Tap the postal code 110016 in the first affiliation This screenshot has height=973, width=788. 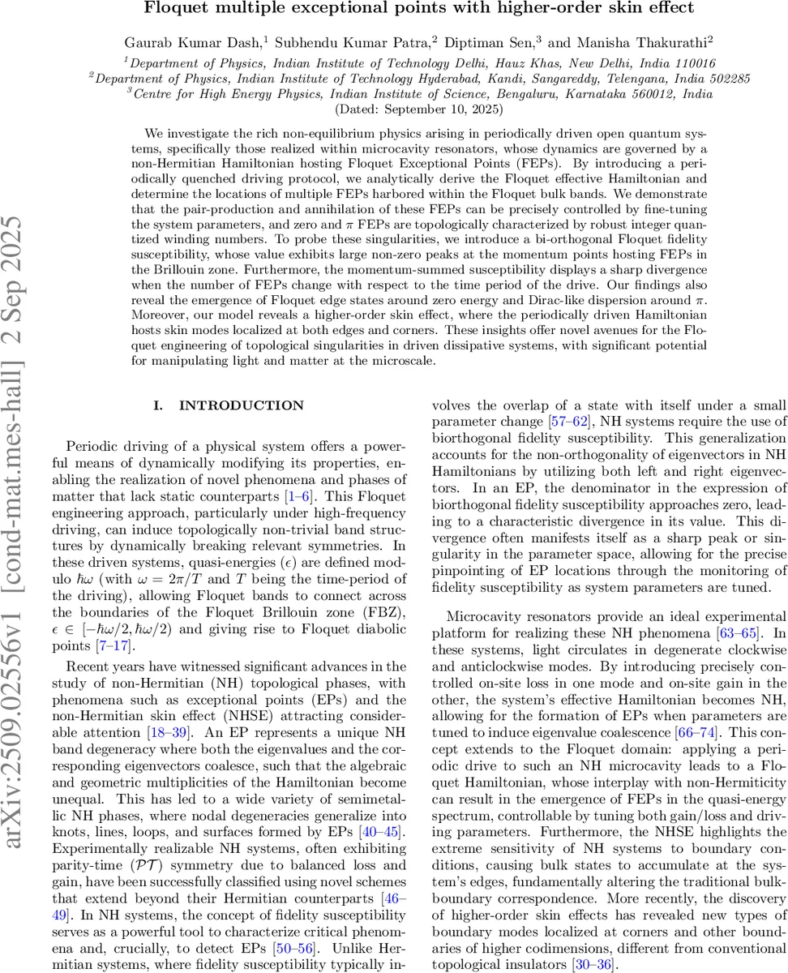point(690,62)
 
